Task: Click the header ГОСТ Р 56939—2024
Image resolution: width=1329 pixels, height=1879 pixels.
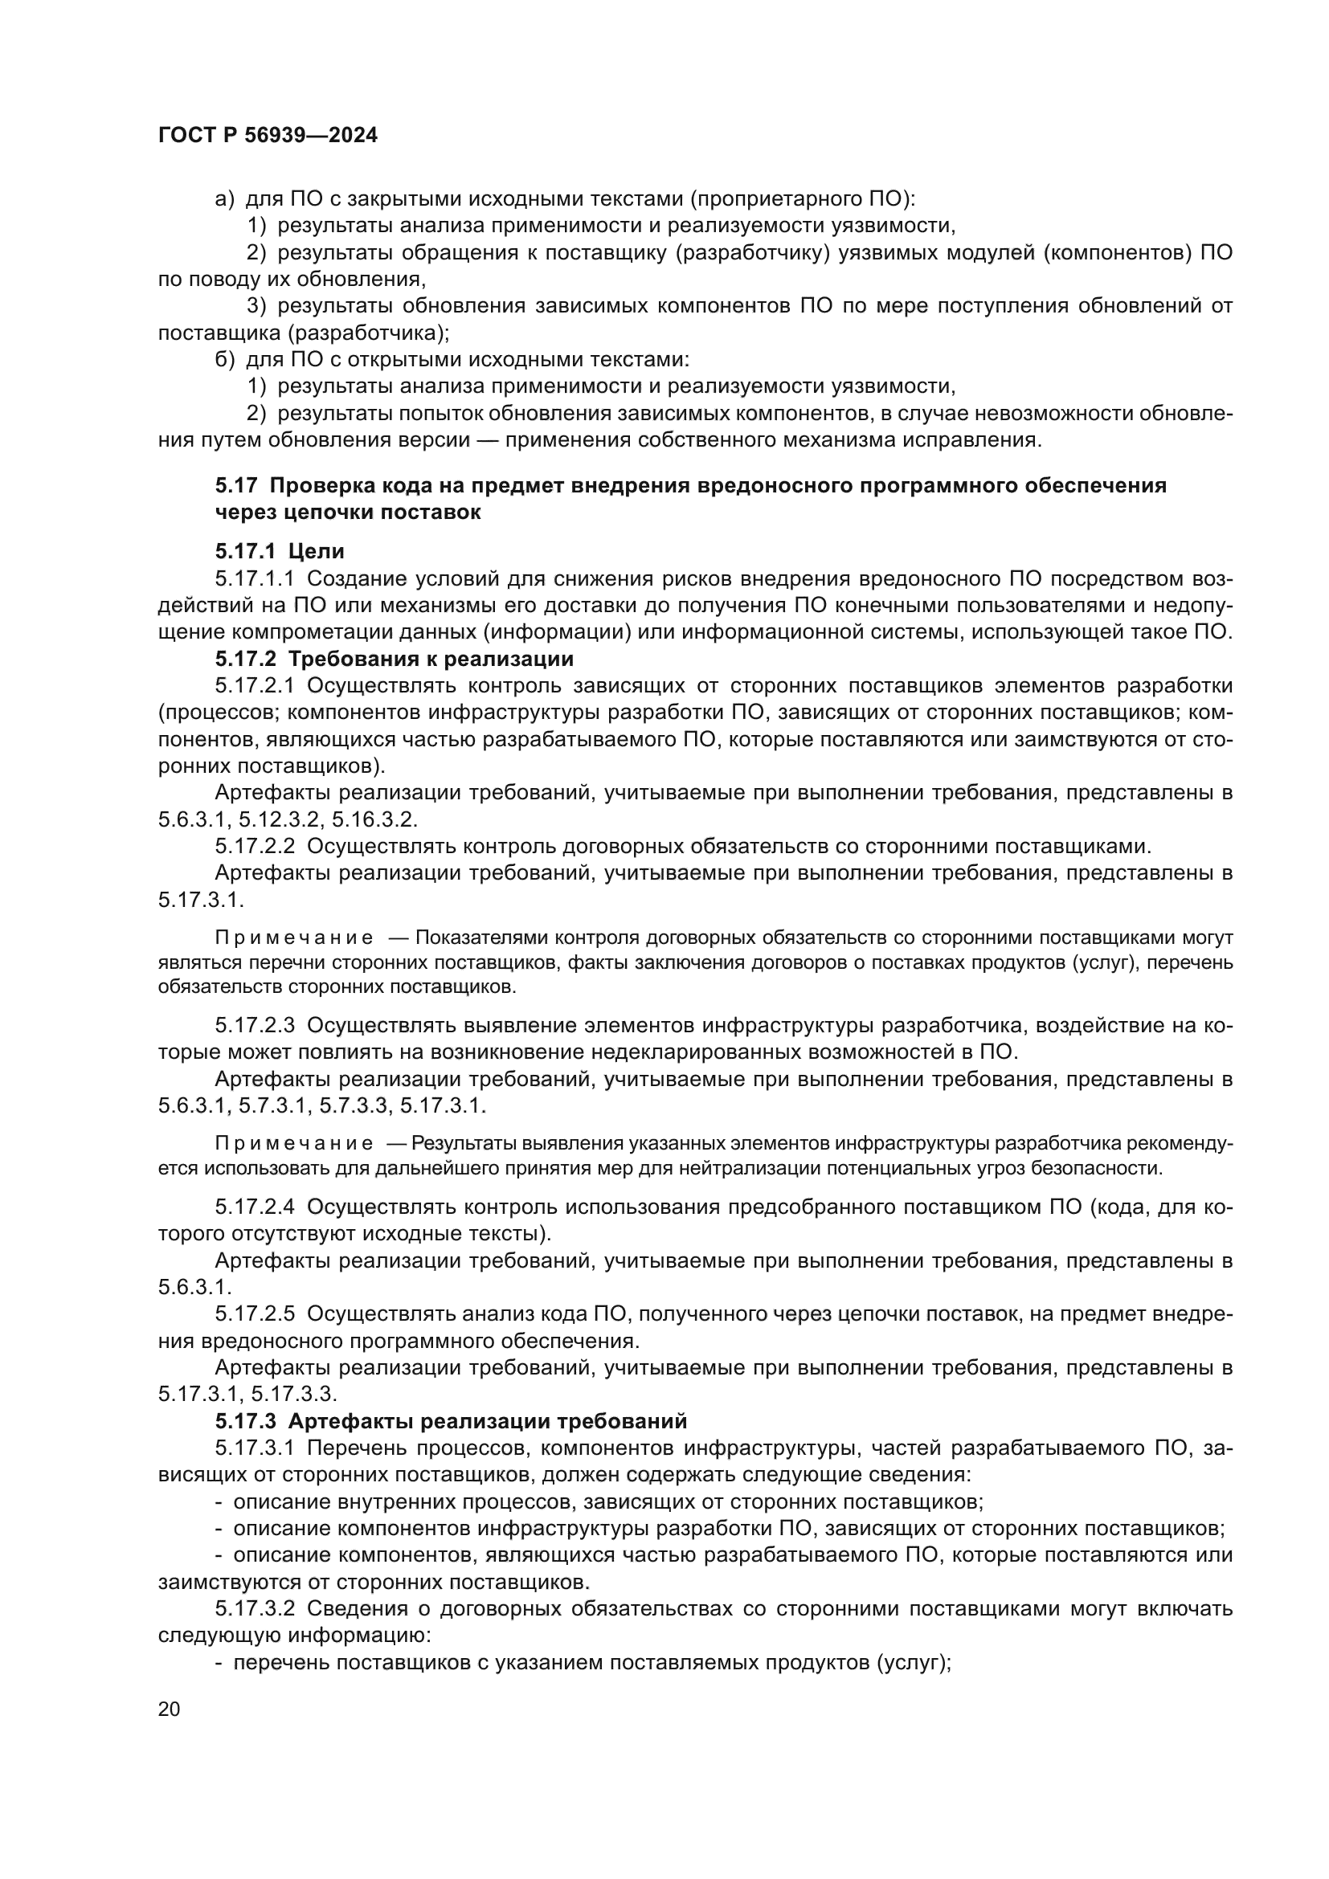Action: [268, 136]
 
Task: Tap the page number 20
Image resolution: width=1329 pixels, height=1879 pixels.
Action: [169, 1709]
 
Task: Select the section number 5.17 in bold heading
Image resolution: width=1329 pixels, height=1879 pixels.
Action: [236, 485]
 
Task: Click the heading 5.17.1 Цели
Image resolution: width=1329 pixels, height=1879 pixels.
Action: [280, 551]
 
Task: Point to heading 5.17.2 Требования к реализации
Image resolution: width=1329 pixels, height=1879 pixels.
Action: [395, 659]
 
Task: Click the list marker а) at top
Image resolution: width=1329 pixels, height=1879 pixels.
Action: [224, 199]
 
